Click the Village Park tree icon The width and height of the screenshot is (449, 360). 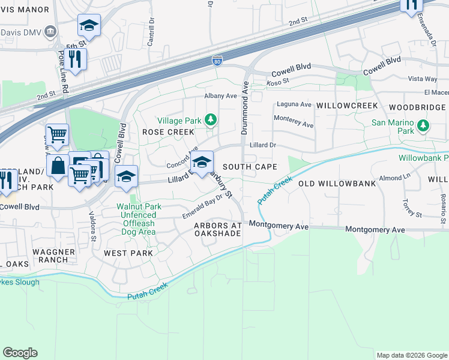click(211, 121)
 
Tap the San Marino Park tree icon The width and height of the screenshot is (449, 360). click(423, 126)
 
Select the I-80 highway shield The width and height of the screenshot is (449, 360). click(217, 61)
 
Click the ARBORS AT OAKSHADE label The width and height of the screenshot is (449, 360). click(217, 230)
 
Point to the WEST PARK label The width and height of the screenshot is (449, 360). click(128, 253)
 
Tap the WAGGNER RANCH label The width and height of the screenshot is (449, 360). click(54, 256)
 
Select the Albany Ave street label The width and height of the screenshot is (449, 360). click(220, 96)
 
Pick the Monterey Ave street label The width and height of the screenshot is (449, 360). click(294, 121)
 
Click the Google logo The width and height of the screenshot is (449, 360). click(20, 353)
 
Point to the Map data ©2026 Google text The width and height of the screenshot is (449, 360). click(411, 355)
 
